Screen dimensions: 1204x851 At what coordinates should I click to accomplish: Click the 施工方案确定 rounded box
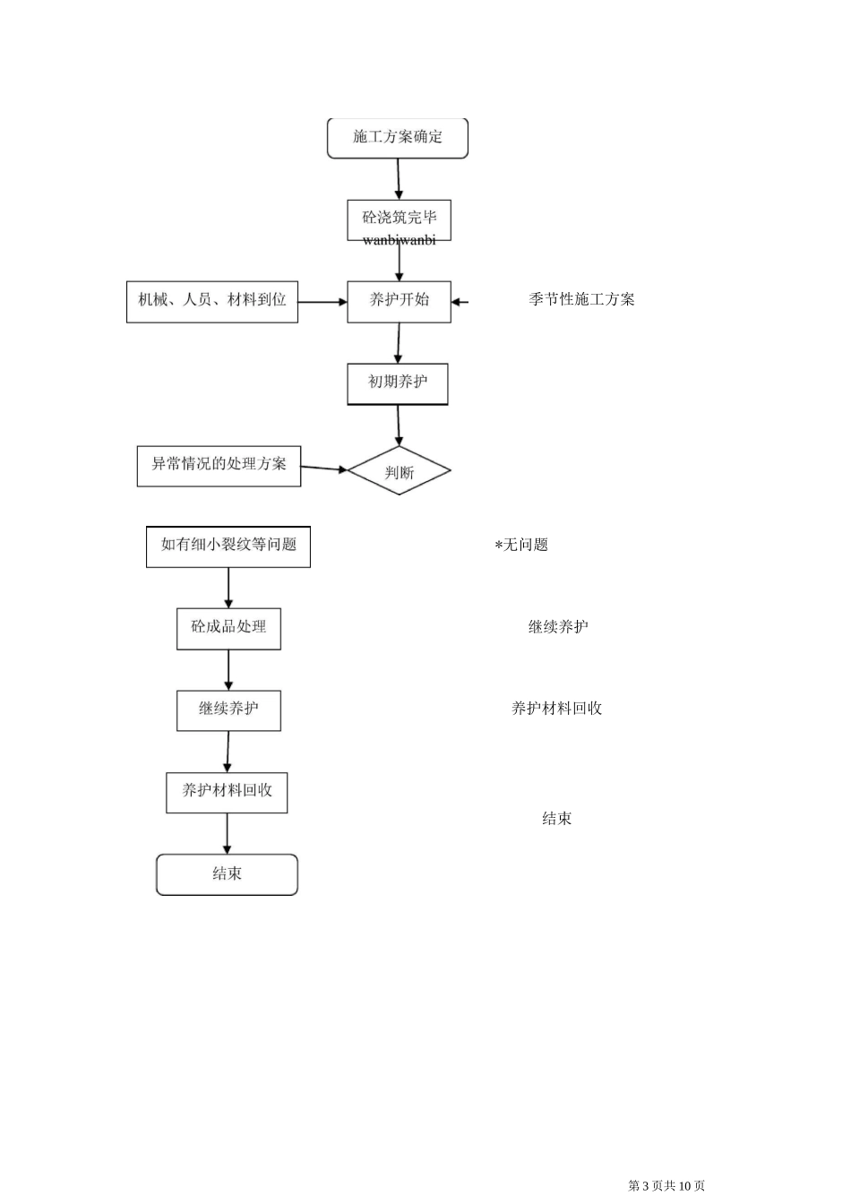click(398, 138)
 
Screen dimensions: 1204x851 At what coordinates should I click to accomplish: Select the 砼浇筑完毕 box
click(399, 218)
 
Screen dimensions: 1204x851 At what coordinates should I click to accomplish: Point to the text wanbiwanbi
click(400, 240)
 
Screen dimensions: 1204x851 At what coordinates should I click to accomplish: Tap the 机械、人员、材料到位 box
click(212, 301)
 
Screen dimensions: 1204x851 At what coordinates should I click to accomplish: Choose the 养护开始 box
click(399, 301)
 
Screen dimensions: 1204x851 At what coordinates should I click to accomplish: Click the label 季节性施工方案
click(581, 299)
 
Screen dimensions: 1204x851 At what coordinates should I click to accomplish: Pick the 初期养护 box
click(398, 383)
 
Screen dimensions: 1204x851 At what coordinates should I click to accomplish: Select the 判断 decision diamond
click(399, 471)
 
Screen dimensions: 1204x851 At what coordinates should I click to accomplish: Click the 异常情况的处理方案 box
click(219, 466)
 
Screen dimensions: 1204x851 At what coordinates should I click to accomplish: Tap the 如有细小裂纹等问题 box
click(228, 546)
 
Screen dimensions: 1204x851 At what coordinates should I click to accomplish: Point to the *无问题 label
click(521, 545)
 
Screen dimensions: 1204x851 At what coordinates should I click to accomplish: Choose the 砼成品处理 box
click(228, 628)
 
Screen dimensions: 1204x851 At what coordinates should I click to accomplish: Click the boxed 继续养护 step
click(228, 709)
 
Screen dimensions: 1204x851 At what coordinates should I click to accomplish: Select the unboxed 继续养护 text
click(558, 627)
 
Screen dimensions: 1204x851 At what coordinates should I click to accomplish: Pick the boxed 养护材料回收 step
click(227, 792)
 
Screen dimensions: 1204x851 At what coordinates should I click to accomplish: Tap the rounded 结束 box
click(227, 874)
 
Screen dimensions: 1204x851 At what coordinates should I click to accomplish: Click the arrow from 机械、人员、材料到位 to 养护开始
click(322, 302)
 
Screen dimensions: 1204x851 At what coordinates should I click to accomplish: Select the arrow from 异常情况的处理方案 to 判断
click(324, 468)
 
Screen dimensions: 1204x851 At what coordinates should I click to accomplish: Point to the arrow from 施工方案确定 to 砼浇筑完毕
click(399, 179)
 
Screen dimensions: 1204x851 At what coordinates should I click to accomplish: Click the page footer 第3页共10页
click(666, 1185)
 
